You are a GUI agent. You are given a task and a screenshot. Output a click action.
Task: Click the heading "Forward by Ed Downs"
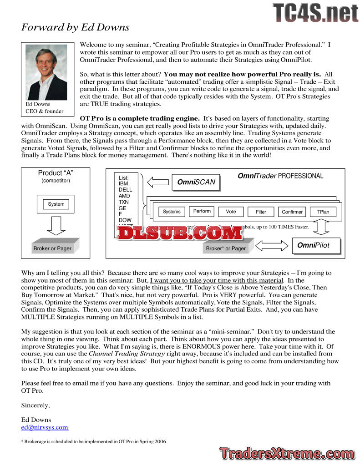(x=76, y=27)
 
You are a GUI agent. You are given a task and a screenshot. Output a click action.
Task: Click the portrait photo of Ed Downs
(x=46, y=72)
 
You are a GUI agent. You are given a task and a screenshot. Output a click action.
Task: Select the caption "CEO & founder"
(x=45, y=111)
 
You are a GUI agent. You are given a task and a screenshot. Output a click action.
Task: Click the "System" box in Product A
(x=56, y=204)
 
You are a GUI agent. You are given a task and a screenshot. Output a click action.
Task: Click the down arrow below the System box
(x=56, y=225)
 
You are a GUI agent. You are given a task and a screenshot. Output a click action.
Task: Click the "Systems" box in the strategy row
(x=172, y=212)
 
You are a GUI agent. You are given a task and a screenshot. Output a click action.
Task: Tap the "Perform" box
(x=202, y=211)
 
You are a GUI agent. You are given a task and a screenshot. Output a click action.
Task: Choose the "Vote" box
(x=231, y=212)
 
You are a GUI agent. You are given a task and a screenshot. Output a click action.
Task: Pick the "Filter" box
(x=261, y=212)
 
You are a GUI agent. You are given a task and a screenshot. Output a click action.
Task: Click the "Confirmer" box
(x=292, y=212)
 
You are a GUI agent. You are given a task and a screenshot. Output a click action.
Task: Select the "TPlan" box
(x=323, y=212)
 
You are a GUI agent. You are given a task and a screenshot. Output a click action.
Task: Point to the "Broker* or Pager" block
(x=226, y=248)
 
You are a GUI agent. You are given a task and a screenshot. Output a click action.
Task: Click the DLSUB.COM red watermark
(x=180, y=233)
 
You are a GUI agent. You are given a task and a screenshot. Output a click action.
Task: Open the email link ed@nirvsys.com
(x=45, y=427)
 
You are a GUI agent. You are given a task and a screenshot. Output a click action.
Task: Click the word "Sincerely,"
(x=35, y=405)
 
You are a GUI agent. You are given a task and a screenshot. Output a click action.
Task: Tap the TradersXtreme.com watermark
(x=286, y=453)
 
